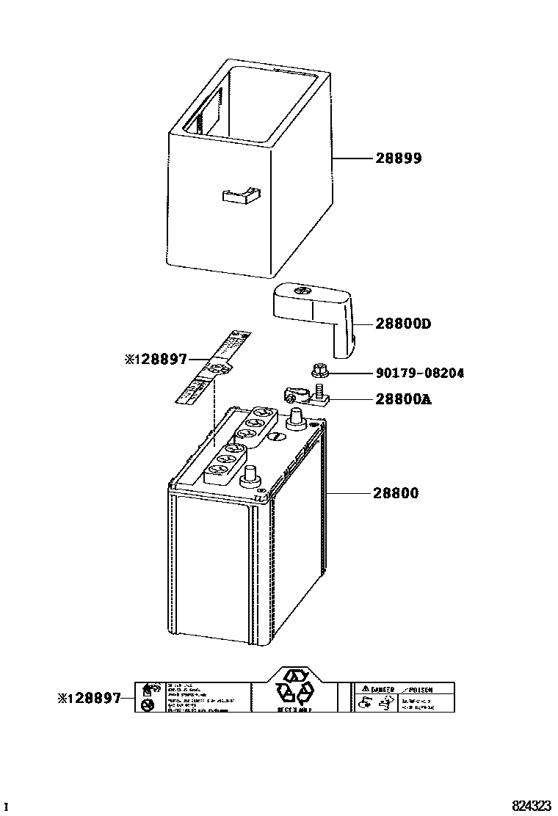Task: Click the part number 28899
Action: coord(399,158)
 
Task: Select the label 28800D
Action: coord(403,324)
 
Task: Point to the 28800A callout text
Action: coord(403,399)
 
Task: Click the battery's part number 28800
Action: coord(396,493)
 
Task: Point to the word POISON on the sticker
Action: coord(419,690)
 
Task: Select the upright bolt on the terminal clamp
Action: coord(320,390)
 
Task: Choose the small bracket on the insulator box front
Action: coord(241,195)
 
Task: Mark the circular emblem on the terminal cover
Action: coord(300,292)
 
